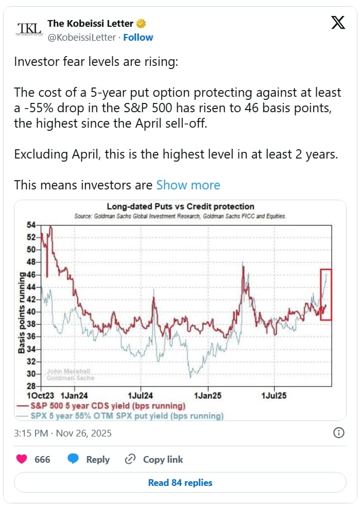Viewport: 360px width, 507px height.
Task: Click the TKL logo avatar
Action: coord(29,30)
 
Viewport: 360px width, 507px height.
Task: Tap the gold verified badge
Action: coord(141,24)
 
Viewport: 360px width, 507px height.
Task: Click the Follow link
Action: coord(138,38)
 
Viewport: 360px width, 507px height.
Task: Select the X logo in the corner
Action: coord(338,23)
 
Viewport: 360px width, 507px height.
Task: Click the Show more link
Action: coord(188,185)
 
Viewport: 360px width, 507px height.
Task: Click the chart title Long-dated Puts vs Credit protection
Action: coord(180,207)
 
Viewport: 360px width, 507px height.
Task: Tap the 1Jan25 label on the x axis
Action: coord(208,396)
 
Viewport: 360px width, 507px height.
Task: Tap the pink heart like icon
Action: coord(22,459)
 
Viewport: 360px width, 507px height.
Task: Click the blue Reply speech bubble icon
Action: coord(73,459)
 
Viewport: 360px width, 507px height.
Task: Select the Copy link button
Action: coord(154,459)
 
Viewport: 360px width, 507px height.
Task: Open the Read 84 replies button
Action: coord(180,482)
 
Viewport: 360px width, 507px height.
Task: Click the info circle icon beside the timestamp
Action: coord(339,432)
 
